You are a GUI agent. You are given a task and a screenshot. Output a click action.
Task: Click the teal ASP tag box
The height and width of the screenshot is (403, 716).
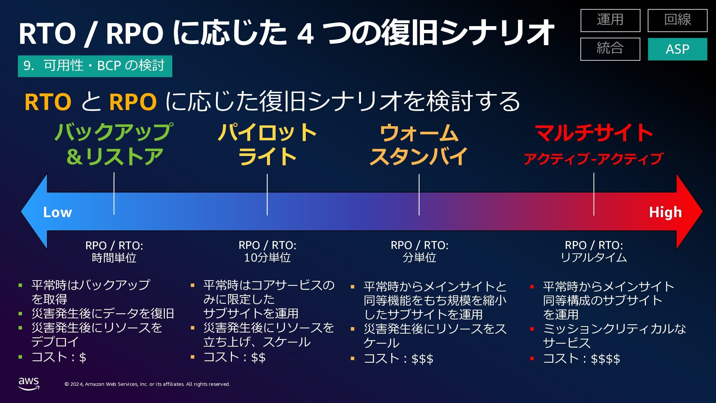(677, 49)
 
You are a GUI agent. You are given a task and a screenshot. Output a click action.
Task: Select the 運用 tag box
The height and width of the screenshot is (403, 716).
(610, 20)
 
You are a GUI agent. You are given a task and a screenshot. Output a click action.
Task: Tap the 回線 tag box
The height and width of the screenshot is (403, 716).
(677, 20)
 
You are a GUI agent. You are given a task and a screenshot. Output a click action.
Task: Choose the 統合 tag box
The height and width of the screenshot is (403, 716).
(610, 49)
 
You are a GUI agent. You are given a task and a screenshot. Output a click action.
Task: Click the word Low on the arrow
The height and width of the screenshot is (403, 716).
(57, 212)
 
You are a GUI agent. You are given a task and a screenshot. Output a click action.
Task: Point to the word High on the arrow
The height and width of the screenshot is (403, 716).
(665, 212)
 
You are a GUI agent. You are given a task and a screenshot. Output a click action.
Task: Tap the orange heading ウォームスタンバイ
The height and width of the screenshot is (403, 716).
(419, 145)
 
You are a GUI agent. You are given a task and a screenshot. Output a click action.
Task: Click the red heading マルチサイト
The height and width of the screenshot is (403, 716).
(594, 133)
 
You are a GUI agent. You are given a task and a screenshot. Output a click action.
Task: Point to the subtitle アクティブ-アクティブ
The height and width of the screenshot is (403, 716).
(593, 159)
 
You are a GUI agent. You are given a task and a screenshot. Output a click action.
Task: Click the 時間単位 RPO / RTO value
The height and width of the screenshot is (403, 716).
(114, 258)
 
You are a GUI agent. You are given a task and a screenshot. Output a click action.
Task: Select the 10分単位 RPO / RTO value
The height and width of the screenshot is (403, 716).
(267, 257)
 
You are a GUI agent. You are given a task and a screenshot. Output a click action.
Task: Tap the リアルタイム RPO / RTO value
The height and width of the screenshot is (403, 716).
(594, 257)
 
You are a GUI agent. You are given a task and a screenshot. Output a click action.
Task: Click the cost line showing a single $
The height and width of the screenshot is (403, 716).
(59, 357)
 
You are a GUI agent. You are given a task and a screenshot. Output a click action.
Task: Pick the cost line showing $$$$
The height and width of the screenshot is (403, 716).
(581, 359)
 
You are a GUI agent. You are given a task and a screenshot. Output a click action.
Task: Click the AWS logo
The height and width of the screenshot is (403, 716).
(29, 383)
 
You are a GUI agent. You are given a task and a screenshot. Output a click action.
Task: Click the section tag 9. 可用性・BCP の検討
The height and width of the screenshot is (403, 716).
(95, 66)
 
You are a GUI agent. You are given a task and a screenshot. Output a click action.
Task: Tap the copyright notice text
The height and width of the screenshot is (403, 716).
(147, 384)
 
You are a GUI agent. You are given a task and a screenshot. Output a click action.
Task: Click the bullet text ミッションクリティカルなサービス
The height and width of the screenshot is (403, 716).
(614, 335)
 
